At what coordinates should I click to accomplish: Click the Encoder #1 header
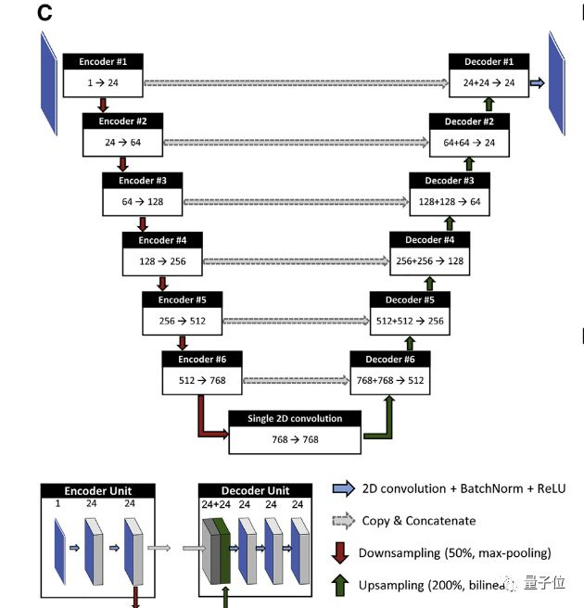(x=104, y=62)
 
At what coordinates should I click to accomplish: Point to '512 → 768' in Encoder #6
(x=202, y=380)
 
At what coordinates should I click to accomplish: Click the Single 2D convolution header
(x=295, y=418)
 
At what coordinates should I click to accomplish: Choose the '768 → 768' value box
(x=295, y=439)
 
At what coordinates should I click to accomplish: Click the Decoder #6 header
(x=390, y=359)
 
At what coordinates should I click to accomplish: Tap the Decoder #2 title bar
(x=469, y=120)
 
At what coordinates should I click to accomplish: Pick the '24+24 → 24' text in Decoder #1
(x=489, y=83)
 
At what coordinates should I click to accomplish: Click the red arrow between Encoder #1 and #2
(x=103, y=106)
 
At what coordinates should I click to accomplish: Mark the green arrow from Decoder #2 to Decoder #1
(x=489, y=106)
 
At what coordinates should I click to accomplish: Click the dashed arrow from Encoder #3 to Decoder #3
(x=297, y=201)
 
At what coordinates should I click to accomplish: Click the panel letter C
(x=44, y=14)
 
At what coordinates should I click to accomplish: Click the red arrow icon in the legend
(x=341, y=553)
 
